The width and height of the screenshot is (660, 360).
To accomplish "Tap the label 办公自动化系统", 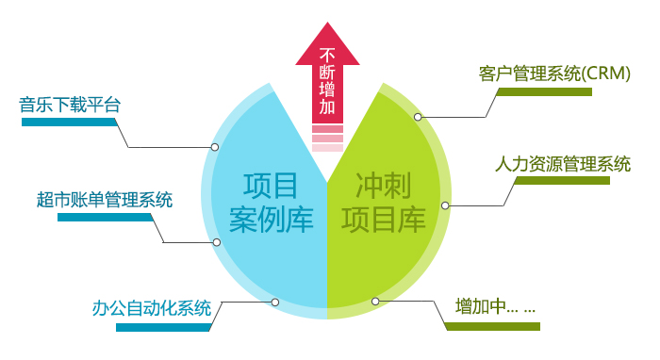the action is (x=152, y=308).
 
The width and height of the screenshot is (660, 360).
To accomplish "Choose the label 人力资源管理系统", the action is (x=563, y=162).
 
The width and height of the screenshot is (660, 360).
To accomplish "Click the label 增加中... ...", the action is (x=495, y=308).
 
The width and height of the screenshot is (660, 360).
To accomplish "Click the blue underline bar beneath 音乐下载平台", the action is (x=70, y=123).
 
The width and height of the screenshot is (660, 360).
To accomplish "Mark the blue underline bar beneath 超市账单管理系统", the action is (x=105, y=217).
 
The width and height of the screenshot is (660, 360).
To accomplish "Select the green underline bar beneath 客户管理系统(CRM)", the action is (x=544, y=91).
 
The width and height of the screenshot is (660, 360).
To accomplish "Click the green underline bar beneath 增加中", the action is (x=492, y=327).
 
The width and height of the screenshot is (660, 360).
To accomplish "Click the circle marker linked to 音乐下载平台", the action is (x=215, y=147).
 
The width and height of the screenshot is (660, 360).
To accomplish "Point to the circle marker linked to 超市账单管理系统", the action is (x=217, y=242).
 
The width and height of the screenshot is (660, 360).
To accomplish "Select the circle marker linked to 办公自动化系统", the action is (x=274, y=303).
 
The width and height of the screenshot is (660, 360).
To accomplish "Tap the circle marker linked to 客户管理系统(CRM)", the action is (x=418, y=117).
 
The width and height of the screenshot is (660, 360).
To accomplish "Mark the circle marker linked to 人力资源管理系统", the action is (x=445, y=205).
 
